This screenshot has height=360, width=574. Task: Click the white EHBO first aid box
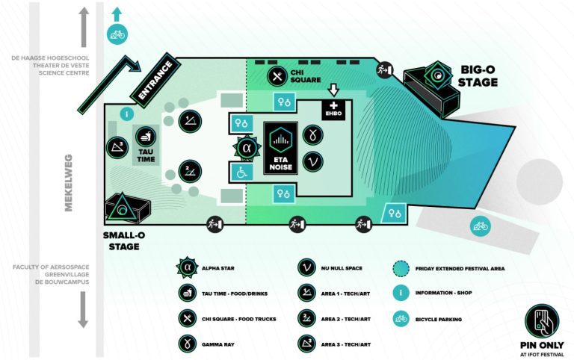pos(332,109)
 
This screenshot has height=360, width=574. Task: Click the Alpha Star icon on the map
pos(245,148)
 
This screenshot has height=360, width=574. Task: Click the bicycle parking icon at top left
pos(117,34)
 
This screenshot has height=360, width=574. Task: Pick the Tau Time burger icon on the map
pos(145,136)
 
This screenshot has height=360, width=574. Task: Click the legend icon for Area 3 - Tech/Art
pos(306,344)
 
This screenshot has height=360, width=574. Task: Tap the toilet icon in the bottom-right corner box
pos(395,214)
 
